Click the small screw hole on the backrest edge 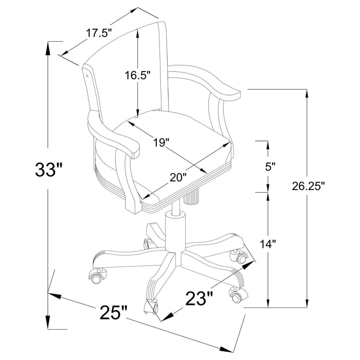click(x=87, y=75)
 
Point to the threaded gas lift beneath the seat click(x=194, y=197)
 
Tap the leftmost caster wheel click(x=96, y=277)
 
